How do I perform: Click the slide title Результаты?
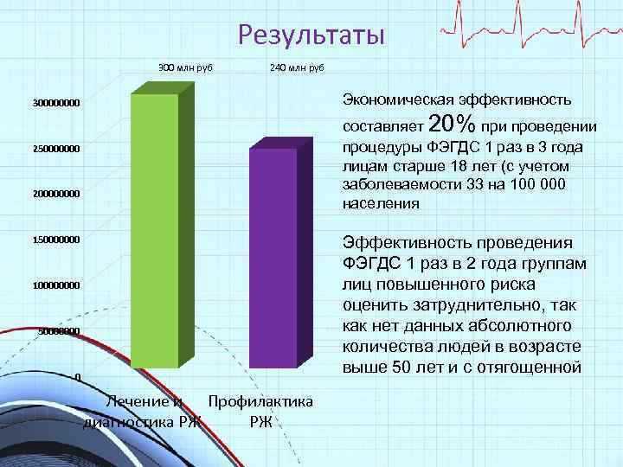click(310, 35)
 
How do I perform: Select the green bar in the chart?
click(154, 229)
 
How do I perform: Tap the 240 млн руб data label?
click(297, 67)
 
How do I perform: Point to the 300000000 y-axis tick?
click(56, 104)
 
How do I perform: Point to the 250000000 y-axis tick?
click(56, 150)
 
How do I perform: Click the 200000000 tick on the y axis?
click(56, 194)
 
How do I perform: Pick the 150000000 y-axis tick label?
click(56, 240)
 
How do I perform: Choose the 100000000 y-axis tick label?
click(56, 285)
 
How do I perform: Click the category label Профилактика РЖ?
click(260, 412)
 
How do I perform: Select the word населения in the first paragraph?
click(382, 205)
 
